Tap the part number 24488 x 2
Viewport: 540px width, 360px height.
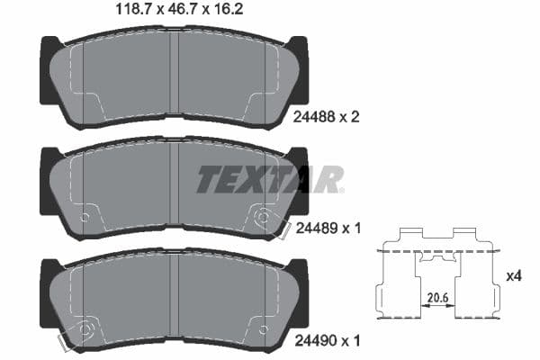327,115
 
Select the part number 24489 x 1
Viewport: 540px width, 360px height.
327,229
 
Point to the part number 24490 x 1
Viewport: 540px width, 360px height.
327,342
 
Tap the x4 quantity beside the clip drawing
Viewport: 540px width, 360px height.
514,276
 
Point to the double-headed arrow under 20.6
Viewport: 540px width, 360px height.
436,306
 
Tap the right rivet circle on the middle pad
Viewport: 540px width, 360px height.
263,218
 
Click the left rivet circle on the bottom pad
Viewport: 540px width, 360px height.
86,329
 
